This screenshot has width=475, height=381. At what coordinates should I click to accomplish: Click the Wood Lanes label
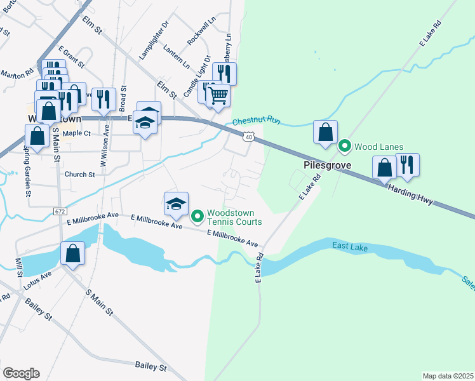[378, 147]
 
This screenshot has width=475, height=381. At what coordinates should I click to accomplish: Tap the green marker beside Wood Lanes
[345, 147]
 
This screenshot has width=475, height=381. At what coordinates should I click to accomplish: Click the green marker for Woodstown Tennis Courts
[197, 217]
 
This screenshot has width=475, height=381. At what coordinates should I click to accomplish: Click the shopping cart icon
[218, 95]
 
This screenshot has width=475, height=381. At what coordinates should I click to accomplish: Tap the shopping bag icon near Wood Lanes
[325, 132]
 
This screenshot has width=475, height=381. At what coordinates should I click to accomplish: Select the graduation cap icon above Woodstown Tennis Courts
[176, 204]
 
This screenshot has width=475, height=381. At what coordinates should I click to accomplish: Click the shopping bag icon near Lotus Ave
[73, 253]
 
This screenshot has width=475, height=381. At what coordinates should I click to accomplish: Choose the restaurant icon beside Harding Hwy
[407, 165]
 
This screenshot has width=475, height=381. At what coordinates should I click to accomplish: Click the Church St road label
[79, 174]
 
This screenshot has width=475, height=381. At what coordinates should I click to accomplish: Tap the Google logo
[21, 373]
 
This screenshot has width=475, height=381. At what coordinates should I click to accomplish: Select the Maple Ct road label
[78, 133]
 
